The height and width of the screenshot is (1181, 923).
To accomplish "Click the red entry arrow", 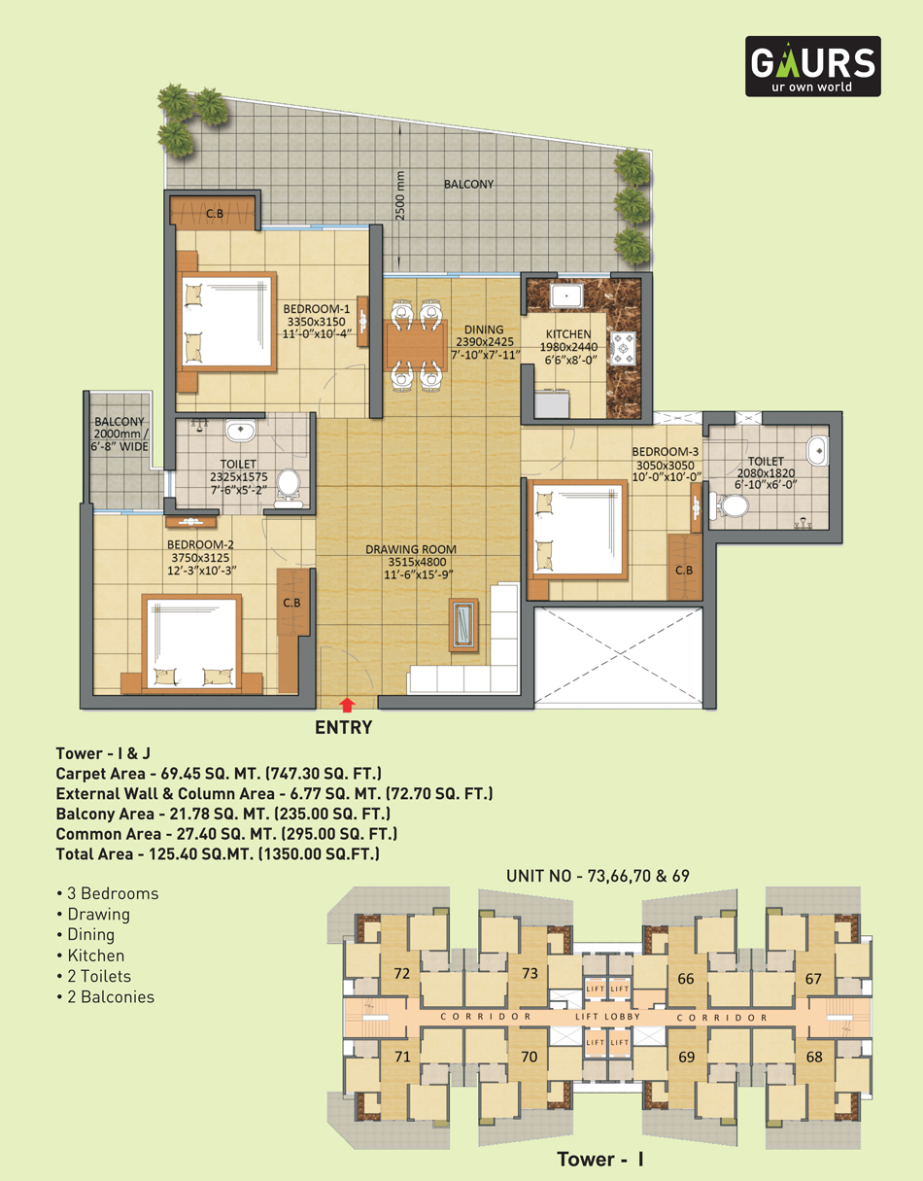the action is [347, 705].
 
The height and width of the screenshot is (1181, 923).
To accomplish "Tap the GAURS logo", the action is [812, 66].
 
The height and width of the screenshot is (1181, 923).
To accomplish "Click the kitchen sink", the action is [566, 296].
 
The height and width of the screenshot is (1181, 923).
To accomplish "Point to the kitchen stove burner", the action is [622, 348].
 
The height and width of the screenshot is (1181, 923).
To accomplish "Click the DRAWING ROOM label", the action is [410, 549].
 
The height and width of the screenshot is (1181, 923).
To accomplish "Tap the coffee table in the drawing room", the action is [463, 625].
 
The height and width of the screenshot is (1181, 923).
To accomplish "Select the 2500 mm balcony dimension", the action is [401, 195].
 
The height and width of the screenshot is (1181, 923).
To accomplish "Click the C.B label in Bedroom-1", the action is [215, 214].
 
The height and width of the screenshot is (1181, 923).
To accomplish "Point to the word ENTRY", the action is [343, 727].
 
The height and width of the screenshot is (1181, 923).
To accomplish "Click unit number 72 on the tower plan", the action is [402, 973].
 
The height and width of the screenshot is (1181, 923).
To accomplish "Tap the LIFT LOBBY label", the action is [608, 1017].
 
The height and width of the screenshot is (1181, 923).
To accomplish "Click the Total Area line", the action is [218, 854].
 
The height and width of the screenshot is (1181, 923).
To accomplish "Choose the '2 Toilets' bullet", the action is [94, 977].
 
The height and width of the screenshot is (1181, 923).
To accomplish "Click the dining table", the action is [417, 345].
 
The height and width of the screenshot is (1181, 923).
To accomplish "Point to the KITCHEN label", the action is [568, 334].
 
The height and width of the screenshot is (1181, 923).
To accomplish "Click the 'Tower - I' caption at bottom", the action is [600, 1160].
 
